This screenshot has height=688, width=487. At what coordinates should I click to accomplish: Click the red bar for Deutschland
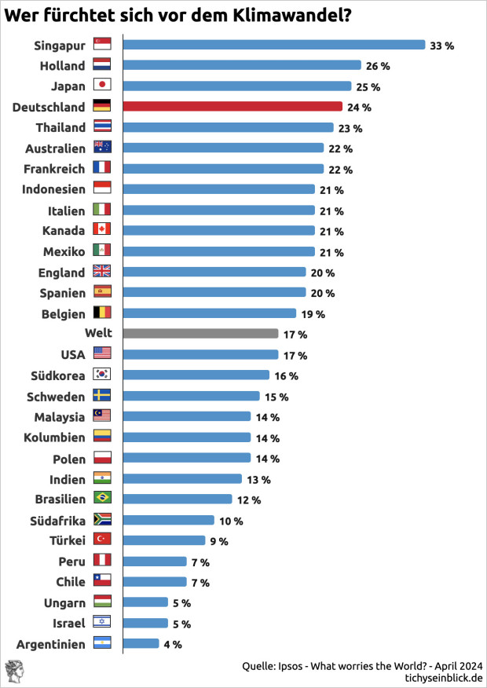[x=233, y=107]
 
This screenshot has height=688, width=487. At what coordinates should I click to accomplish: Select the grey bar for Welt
[x=201, y=334]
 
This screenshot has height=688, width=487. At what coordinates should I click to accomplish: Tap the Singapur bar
[x=274, y=45]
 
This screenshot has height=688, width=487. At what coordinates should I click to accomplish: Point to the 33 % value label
[x=441, y=46]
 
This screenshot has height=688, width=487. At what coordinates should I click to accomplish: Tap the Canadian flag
[x=102, y=231]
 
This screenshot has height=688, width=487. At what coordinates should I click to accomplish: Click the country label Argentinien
[x=50, y=644]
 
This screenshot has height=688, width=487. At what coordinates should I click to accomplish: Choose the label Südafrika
[x=59, y=520]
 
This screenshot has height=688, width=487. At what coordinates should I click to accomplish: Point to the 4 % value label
[x=173, y=644]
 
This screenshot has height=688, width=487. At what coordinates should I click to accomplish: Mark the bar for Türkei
[x=163, y=540]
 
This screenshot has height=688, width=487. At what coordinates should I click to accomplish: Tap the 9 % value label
[x=218, y=541]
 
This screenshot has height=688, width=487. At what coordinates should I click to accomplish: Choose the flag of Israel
[x=102, y=622]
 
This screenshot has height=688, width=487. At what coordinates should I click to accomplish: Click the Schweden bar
[x=192, y=396]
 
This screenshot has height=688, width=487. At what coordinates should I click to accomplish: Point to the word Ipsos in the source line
[x=293, y=665]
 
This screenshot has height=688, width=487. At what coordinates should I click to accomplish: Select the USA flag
[x=102, y=354]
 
